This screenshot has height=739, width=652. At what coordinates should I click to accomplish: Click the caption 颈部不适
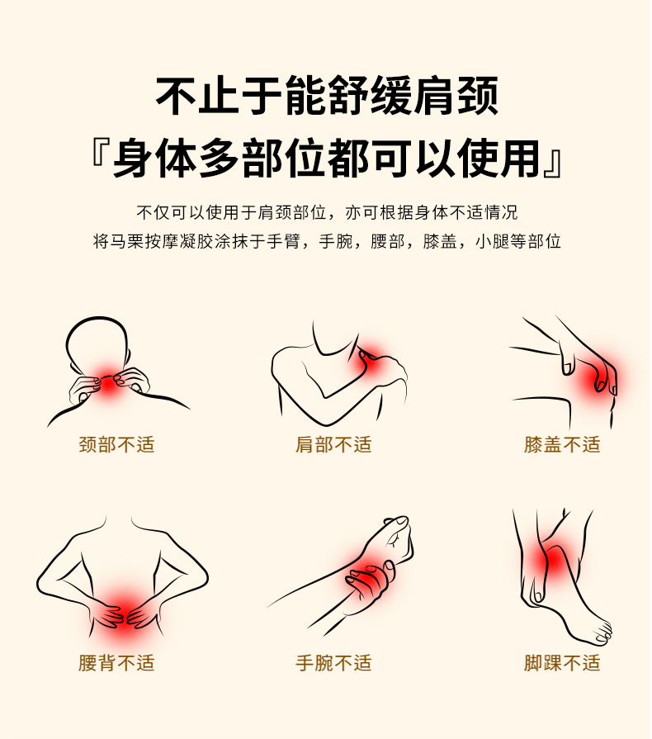pyautogui.click(x=116, y=444)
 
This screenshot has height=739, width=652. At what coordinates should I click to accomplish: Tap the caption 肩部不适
pyautogui.click(x=333, y=444)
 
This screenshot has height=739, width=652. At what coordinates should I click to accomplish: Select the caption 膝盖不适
pyautogui.click(x=562, y=444)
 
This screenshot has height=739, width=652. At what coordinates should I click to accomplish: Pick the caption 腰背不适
pyautogui.click(x=116, y=663)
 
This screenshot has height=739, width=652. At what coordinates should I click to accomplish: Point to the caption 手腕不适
pyautogui.click(x=333, y=663)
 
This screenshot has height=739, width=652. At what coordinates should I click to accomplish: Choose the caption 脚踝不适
pyautogui.click(x=562, y=663)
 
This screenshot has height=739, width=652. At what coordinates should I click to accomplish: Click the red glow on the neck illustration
pyautogui.click(x=109, y=383)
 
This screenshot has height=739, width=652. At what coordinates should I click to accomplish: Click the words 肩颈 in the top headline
pyautogui.click(x=455, y=96)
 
